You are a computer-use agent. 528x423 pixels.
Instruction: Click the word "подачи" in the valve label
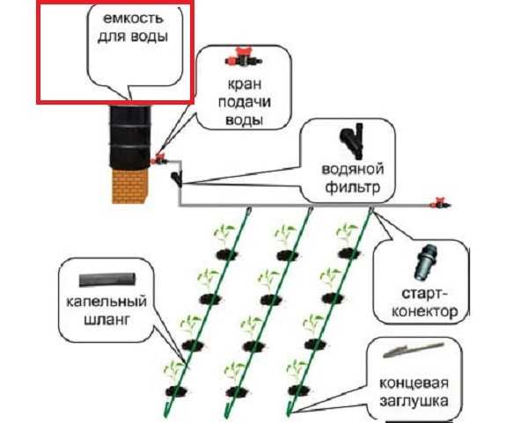click(240, 102)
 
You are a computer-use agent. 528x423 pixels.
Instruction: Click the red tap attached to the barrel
click(160, 159)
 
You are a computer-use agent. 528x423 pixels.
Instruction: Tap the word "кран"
click(240, 84)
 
